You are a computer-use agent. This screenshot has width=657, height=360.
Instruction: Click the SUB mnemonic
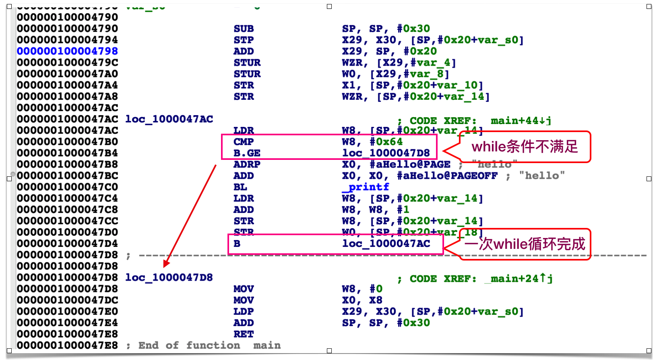click(244, 29)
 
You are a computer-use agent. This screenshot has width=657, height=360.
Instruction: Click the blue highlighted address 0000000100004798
click(67, 51)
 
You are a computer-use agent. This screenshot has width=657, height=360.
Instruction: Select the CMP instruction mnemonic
click(244, 142)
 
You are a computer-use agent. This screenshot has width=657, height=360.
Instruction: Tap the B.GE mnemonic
click(247, 153)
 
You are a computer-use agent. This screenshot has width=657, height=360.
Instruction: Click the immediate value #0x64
click(386, 142)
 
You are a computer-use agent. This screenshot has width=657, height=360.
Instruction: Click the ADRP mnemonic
click(247, 164)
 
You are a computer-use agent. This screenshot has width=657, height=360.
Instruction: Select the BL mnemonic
click(240, 187)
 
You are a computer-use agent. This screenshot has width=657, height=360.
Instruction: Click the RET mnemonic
click(244, 334)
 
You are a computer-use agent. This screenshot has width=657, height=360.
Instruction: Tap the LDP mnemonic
click(244, 312)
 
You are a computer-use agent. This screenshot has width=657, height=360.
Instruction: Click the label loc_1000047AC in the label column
click(169, 119)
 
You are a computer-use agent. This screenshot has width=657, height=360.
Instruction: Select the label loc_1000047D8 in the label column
click(169, 277)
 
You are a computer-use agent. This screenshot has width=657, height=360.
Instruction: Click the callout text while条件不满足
click(525, 147)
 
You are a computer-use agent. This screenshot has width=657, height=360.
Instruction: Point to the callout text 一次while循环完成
click(525, 244)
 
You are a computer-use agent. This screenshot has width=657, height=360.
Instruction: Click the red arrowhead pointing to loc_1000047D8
click(166, 264)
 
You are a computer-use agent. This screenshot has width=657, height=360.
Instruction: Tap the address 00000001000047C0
click(67, 187)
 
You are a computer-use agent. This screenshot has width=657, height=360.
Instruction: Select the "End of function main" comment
click(209, 346)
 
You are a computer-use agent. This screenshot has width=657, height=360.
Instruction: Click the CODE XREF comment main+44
click(480, 120)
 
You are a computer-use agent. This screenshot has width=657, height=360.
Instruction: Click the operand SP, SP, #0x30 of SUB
click(386, 29)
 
